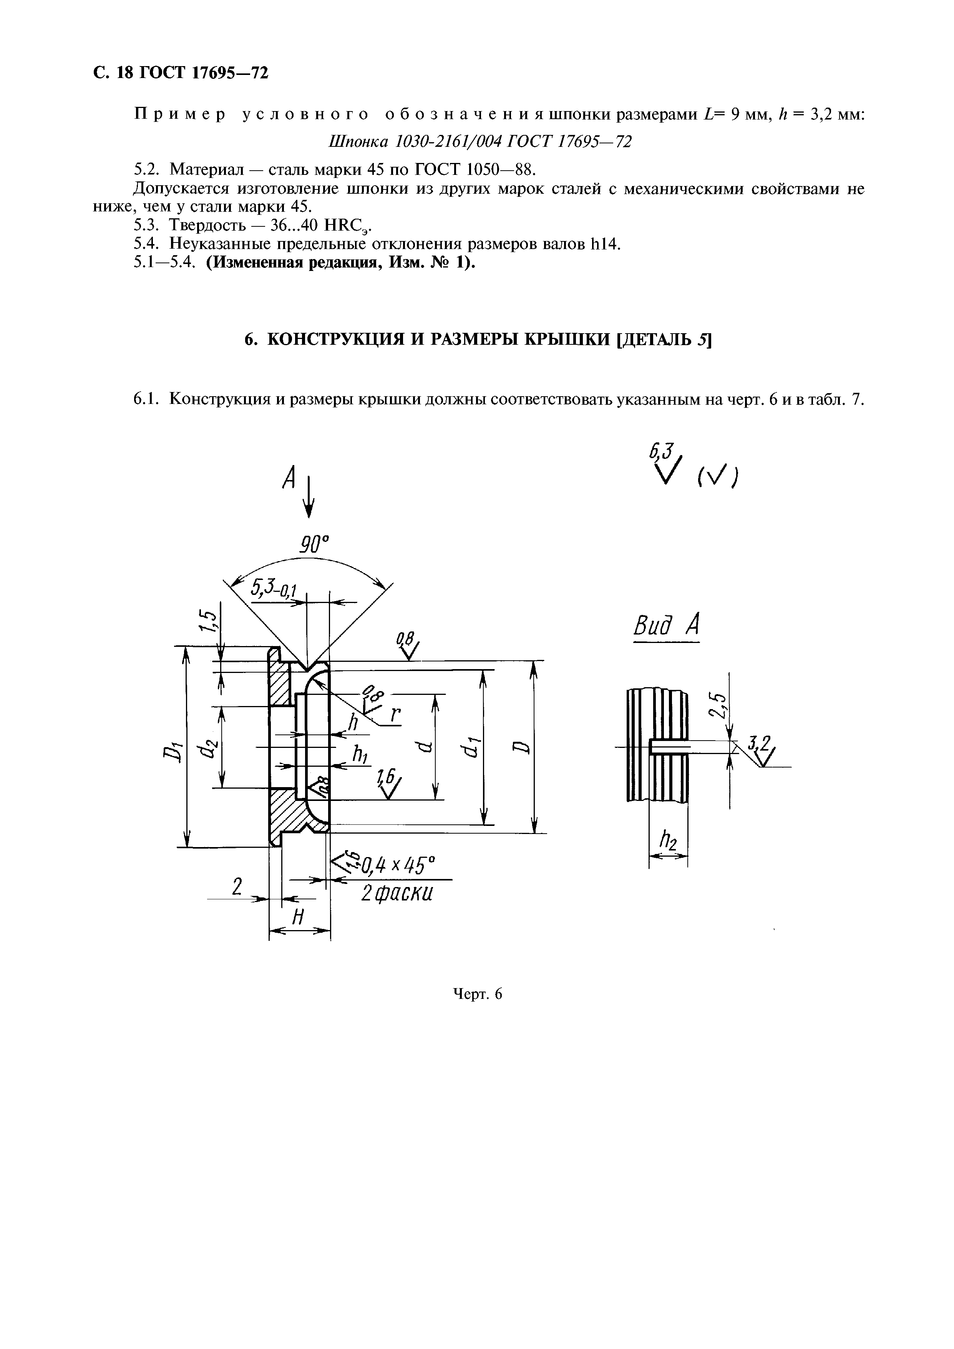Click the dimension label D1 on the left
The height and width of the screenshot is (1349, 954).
point(171,752)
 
